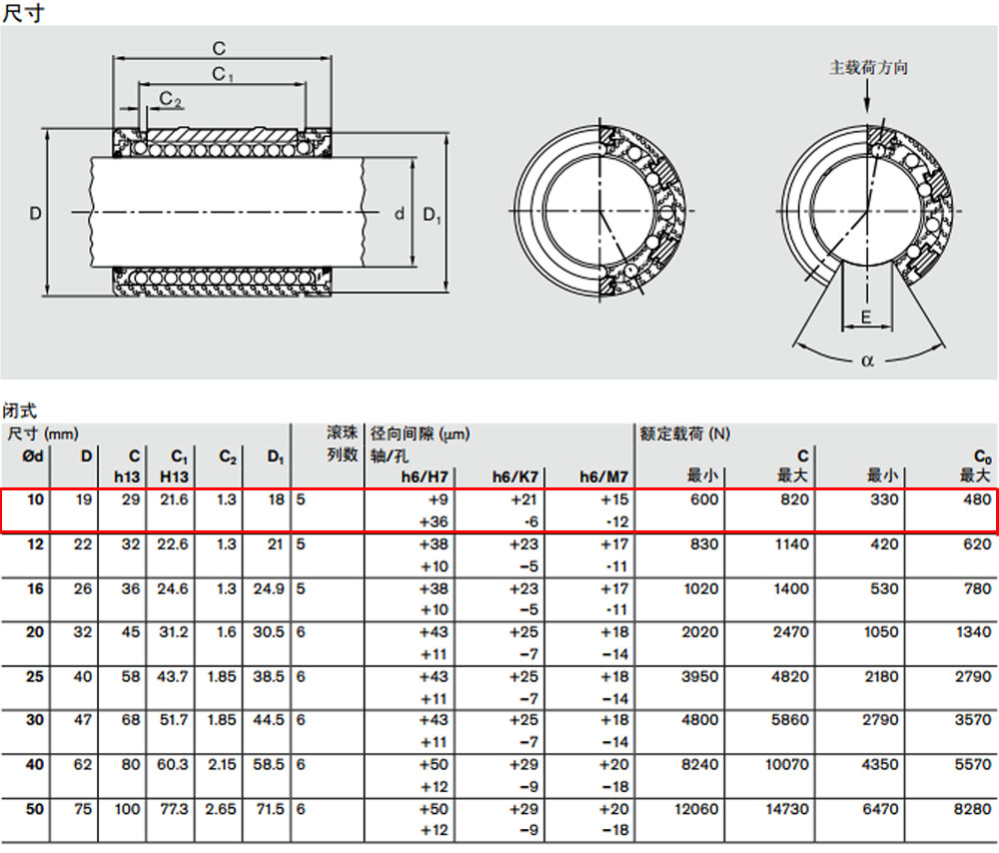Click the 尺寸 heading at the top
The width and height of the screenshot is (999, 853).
click(24, 13)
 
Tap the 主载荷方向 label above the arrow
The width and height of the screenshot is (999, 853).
click(868, 68)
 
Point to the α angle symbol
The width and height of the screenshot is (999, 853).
click(867, 362)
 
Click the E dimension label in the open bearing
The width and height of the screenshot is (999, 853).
click(866, 318)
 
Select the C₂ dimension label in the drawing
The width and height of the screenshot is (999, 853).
click(170, 98)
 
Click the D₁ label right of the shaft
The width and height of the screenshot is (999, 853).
click(432, 216)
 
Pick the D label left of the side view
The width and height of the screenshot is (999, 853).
click(36, 214)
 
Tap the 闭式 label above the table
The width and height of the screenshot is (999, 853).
click(20, 411)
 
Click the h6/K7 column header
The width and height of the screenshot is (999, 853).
click(514, 476)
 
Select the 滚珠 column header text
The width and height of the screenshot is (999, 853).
click(342, 433)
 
